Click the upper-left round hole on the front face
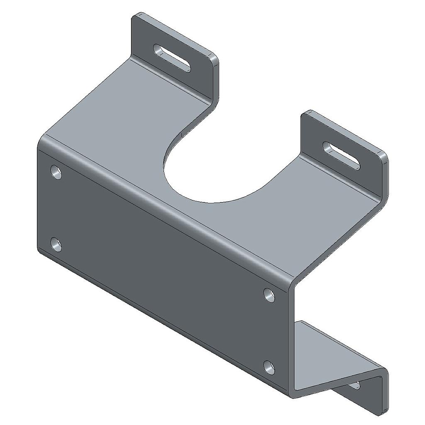(56, 172)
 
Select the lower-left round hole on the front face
(56, 244)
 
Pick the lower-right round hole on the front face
(270, 367)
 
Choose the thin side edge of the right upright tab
(385, 174)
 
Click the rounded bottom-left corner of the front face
(41, 250)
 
